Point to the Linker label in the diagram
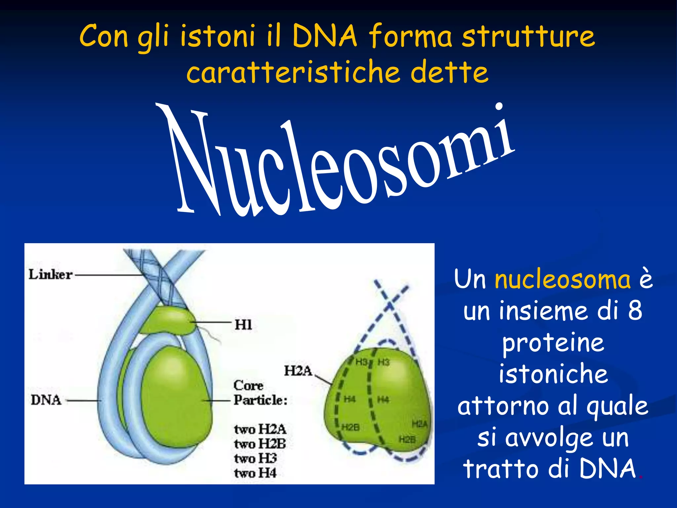(x=50, y=275)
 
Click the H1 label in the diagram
(x=243, y=324)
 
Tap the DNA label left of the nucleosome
(x=46, y=400)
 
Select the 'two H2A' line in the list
(x=260, y=429)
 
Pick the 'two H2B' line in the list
(x=260, y=444)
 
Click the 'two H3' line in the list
(x=256, y=458)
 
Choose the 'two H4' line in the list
(x=255, y=473)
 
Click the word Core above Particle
(x=248, y=386)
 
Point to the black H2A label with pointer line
(x=298, y=371)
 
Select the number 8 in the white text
(x=635, y=311)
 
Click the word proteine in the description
(x=553, y=343)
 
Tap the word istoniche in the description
(x=553, y=374)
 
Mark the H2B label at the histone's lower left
(x=350, y=427)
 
